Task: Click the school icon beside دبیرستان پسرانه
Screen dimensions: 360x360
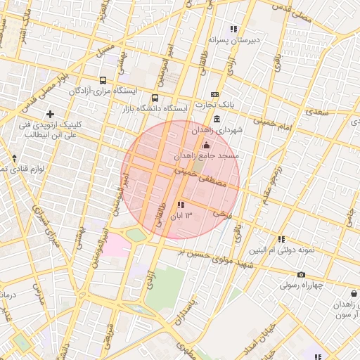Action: [x=232, y=30]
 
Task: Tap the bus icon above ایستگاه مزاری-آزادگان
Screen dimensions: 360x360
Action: [x=103, y=81]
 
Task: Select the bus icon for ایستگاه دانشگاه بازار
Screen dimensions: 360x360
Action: [x=155, y=98]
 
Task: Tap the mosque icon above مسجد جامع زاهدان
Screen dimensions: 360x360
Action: [x=205, y=144]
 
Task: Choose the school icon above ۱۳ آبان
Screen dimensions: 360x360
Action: [x=181, y=205]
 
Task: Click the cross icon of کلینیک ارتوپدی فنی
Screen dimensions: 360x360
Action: [x=49, y=114]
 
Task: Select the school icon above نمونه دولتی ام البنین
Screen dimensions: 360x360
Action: [x=281, y=239]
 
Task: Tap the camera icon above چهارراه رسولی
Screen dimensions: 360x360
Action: [x=301, y=275]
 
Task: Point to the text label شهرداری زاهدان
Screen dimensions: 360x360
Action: [x=220, y=130]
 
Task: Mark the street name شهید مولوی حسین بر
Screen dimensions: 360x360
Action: [x=222, y=258]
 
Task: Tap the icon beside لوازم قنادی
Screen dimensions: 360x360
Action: [x=14, y=157]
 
